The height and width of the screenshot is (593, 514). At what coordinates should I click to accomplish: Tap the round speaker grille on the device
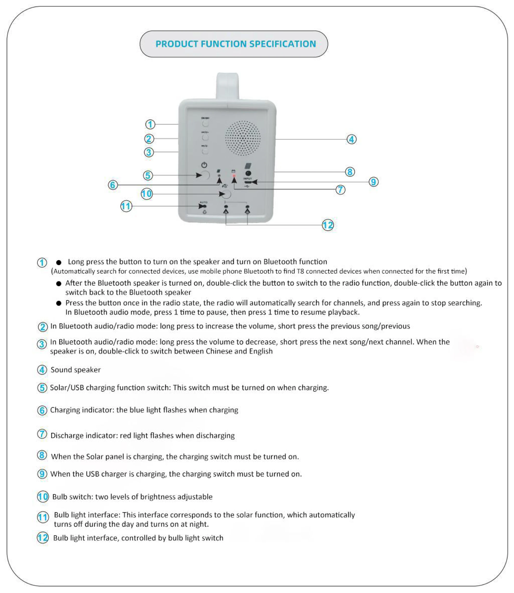[x=243, y=138]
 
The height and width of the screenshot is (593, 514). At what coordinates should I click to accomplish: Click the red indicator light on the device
[x=234, y=175]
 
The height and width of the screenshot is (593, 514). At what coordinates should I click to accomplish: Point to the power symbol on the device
[x=204, y=165]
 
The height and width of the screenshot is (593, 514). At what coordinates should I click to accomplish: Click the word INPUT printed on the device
[x=247, y=179]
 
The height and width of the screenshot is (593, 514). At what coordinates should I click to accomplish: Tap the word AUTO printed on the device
[x=203, y=202]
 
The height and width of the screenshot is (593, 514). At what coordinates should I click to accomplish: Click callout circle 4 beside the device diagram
[x=352, y=139]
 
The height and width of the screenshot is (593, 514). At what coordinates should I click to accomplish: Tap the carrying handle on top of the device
[x=227, y=85]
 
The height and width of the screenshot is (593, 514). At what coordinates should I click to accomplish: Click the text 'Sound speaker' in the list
[x=75, y=370]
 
